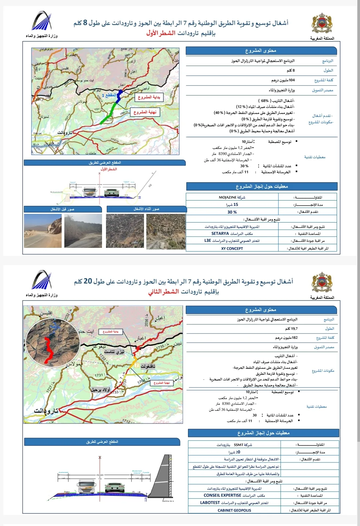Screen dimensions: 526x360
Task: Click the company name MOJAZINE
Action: (227, 197)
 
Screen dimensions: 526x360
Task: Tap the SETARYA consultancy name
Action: (220, 234)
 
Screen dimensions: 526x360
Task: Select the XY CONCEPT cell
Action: (232, 249)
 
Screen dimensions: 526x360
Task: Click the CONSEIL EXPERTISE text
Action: (222, 495)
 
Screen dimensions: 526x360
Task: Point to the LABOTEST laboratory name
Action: (210, 503)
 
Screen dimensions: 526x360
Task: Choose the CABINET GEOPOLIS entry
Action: (234, 510)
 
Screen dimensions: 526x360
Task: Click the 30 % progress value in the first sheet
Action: (232, 212)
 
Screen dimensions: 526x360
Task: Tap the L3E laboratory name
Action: (208, 241)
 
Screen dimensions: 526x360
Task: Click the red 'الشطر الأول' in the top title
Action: (161, 33)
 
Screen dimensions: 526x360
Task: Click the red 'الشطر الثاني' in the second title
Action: (163, 292)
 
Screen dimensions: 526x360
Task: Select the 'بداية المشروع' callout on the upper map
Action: (149, 97)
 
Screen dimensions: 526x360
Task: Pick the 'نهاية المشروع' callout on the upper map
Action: (145, 112)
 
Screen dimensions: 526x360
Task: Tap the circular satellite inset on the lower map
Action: (53, 340)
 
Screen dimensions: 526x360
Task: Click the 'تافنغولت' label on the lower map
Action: (148, 366)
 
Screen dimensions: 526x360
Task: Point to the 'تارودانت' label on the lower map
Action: (46, 411)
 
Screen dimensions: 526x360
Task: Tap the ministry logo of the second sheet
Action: (42, 280)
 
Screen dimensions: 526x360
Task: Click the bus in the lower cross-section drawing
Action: (86, 487)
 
